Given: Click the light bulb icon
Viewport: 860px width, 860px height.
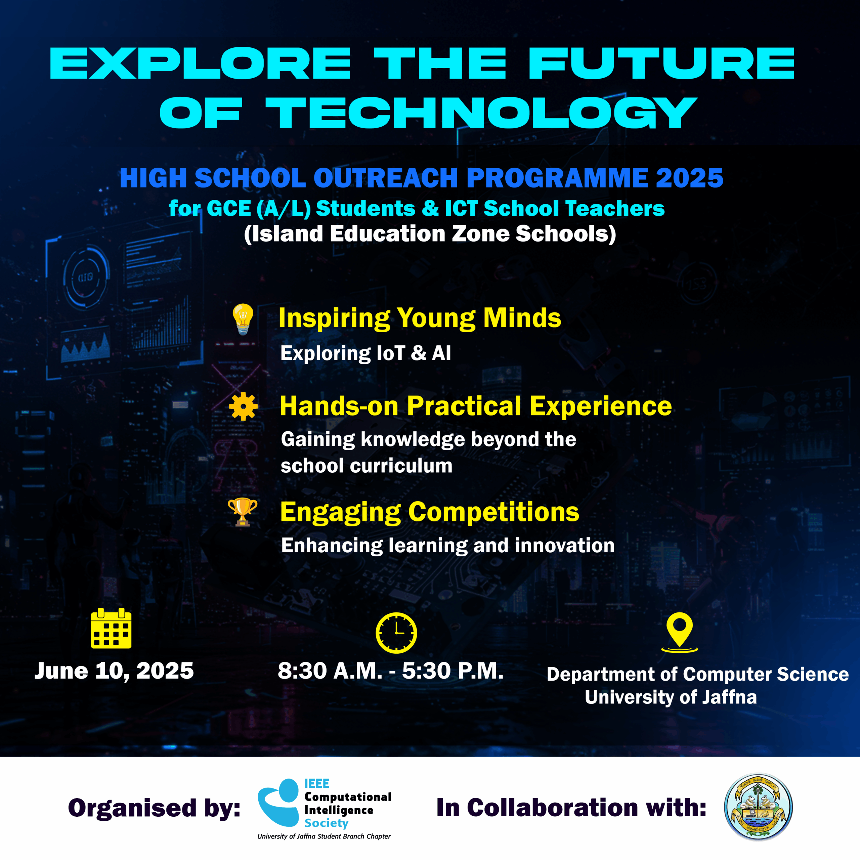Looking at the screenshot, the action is [x=243, y=319].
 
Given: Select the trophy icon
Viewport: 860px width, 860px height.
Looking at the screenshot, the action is [x=243, y=512].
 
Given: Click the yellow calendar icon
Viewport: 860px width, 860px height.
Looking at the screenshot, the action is [x=111, y=628].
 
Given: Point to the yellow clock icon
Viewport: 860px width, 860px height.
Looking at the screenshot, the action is [x=396, y=633].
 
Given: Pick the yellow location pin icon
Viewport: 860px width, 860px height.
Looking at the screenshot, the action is [x=679, y=633].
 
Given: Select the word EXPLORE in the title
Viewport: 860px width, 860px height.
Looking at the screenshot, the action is [x=200, y=63].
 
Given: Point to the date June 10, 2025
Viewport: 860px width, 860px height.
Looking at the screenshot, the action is [x=114, y=671].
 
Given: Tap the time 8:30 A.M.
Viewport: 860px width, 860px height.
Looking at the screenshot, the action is [x=330, y=671].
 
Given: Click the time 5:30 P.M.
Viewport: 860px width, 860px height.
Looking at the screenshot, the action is [x=453, y=671].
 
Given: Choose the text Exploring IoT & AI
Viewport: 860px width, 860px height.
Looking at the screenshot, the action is [x=366, y=353].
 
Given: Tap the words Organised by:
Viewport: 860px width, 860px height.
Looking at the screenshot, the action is [x=154, y=808].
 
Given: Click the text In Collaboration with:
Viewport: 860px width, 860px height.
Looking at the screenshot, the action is [x=571, y=808].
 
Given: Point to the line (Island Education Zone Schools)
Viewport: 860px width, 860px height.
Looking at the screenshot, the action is [x=430, y=234].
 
